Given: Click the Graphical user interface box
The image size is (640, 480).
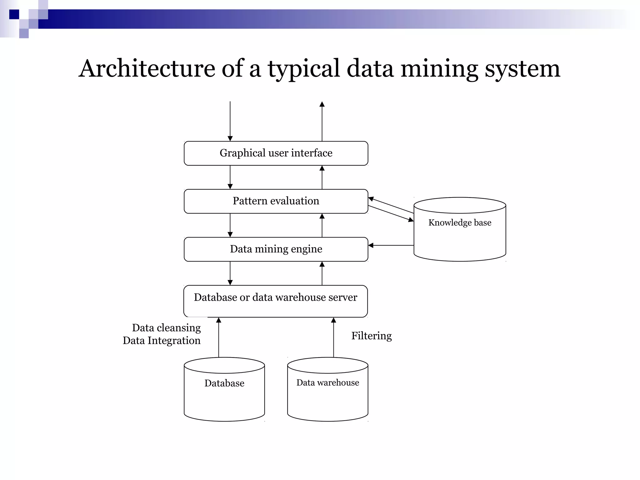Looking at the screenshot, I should click(x=276, y=153).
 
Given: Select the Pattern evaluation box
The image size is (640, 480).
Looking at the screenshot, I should click(x=276, y=201).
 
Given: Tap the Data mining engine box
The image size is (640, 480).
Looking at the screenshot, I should click(x=276, y=249).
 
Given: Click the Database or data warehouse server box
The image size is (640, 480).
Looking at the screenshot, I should click(x=275, y=301).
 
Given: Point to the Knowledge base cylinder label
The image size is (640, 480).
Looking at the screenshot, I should click(x=460, y=222).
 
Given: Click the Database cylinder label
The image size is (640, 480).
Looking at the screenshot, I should click(x=224, y=383).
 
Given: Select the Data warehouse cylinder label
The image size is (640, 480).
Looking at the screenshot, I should click(x=327, y=382).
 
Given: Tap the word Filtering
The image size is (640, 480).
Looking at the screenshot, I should click(x=371, y=336).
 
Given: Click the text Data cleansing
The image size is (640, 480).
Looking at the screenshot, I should click(x=166, y=328).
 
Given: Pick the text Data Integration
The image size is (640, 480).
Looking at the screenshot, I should click(x=162, y=341).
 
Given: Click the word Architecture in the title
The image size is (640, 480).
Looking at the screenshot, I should click(x=147, y=68).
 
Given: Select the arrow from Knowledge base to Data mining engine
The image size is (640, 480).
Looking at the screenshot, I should click(x=391, y=245).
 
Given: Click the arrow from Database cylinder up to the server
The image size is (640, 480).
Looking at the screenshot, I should click(x=219, y=337).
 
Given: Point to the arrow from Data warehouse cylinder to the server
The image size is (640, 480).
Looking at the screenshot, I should click(x=333, y=337).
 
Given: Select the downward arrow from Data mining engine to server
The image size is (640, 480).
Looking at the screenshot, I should click(x=230, y=273).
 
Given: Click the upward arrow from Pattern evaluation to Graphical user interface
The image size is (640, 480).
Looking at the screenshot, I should click(x=322, y=177).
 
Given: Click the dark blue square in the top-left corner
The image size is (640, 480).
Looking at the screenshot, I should click(x=14, y=14).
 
